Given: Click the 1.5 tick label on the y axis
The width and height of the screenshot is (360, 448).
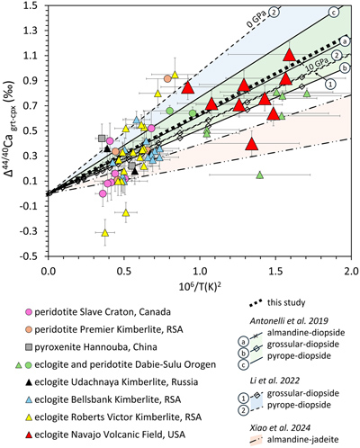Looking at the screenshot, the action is point(32,5).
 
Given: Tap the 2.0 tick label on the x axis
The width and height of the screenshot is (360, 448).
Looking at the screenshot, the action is point(351,271).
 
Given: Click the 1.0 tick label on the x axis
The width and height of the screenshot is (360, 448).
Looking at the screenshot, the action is point(200,271).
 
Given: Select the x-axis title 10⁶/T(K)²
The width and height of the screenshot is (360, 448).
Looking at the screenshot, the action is point(200,287).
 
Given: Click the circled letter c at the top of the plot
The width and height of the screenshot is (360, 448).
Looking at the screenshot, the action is point(334,13).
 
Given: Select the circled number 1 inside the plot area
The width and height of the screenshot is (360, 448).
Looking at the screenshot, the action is point(330,85).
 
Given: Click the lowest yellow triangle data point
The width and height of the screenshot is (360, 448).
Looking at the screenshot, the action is point(105,233).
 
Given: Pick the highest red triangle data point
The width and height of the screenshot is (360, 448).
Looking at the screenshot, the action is point(290,55).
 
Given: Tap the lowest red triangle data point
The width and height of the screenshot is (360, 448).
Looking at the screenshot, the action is point(252,144).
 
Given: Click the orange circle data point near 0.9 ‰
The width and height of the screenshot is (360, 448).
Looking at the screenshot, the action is point(167,78).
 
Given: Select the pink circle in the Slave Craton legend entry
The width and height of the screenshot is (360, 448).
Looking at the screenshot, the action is point(29,312).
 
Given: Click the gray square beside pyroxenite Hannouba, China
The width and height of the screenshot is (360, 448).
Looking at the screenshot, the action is point(29,347).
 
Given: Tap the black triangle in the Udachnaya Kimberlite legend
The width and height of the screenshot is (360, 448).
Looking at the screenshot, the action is point(29,382).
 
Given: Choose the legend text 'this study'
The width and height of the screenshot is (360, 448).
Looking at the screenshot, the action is point(286,302).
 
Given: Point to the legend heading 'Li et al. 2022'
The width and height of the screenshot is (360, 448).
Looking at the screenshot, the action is point(274,381).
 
